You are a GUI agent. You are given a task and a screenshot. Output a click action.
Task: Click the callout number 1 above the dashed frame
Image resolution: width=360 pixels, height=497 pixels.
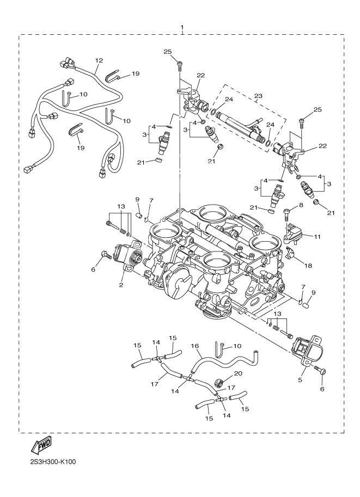(182, 27)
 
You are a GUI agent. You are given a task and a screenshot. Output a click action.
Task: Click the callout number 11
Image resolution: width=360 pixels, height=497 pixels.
(318, 236)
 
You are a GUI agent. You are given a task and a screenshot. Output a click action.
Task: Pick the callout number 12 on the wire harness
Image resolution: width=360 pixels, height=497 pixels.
(99, 61)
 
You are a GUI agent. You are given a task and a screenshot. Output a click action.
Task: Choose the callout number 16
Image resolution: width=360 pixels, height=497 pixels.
(194, 346)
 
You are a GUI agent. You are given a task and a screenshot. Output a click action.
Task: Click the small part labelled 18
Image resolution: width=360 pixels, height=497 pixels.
(290, 255)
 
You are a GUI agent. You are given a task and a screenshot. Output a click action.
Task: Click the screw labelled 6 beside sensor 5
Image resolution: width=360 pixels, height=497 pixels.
(321, 372)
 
